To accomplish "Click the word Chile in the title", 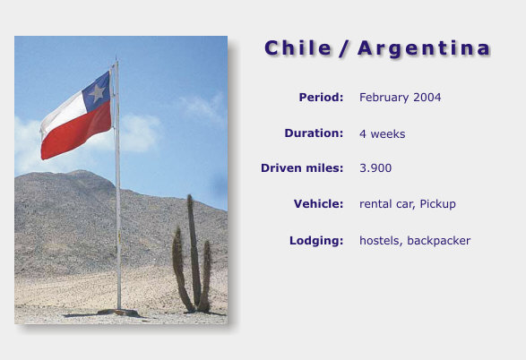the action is tap(297, 48).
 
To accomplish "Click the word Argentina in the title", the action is tap(424, 49).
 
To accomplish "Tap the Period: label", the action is tap(321, 98).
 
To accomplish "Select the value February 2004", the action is tap(401, 98).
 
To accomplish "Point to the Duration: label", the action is tap(314, 133).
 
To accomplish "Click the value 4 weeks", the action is tap(382, 134).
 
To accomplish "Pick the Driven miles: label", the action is tap(302, 168).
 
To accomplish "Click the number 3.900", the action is tap(375, 168).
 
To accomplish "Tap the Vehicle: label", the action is tap(318, 204).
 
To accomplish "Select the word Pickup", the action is tap(438, 204).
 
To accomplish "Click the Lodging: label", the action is tap(316, 241).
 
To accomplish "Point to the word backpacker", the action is tap(439, 241).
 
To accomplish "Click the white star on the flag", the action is tap(98, 92).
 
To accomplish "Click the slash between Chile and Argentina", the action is tap(344, 49).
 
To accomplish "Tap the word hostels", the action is tap(381, 241).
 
